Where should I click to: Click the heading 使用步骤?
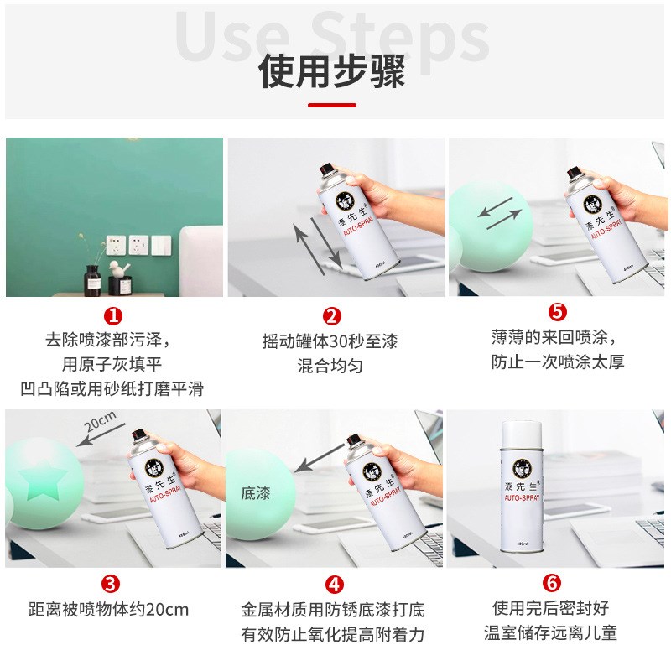tap(332, 71)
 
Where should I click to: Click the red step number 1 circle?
tap(112, 315)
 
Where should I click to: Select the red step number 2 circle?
tap(332, 316)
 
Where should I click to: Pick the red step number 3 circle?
tap(109, 583)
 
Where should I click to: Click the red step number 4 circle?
tap(333, 583)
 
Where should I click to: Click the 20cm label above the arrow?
tap(100, 419)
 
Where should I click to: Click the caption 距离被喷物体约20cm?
tap(109, 610)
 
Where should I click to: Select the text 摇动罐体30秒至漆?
tap(330, 342)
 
